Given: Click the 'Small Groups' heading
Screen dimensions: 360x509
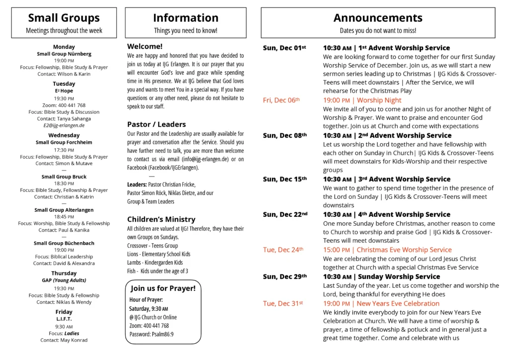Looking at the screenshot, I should pos(64,18).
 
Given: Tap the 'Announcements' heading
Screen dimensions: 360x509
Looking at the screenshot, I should pos(378,18).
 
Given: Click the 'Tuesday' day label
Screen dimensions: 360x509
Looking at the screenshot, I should pos(64,84).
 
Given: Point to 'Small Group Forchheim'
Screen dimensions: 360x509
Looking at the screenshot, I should pos(64,142).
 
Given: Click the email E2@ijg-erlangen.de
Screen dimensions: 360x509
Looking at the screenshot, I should pos(64,125).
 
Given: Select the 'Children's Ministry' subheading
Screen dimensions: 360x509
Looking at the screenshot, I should pos(161,219).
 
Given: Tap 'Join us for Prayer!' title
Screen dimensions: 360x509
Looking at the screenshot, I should pos(163,288).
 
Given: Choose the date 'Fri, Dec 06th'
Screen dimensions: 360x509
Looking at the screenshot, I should pos(281,100).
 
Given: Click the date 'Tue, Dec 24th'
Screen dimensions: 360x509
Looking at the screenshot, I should pos(283,250).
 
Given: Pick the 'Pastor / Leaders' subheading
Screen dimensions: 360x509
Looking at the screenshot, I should pos(157,124).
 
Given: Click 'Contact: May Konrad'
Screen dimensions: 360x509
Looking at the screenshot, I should pos(64,340).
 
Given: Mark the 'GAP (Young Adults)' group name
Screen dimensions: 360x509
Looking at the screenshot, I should pos(64,280).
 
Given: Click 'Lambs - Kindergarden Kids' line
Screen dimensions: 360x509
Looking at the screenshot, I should pos(155,263).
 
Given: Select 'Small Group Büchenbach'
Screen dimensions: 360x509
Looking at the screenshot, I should pos(64,243).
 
